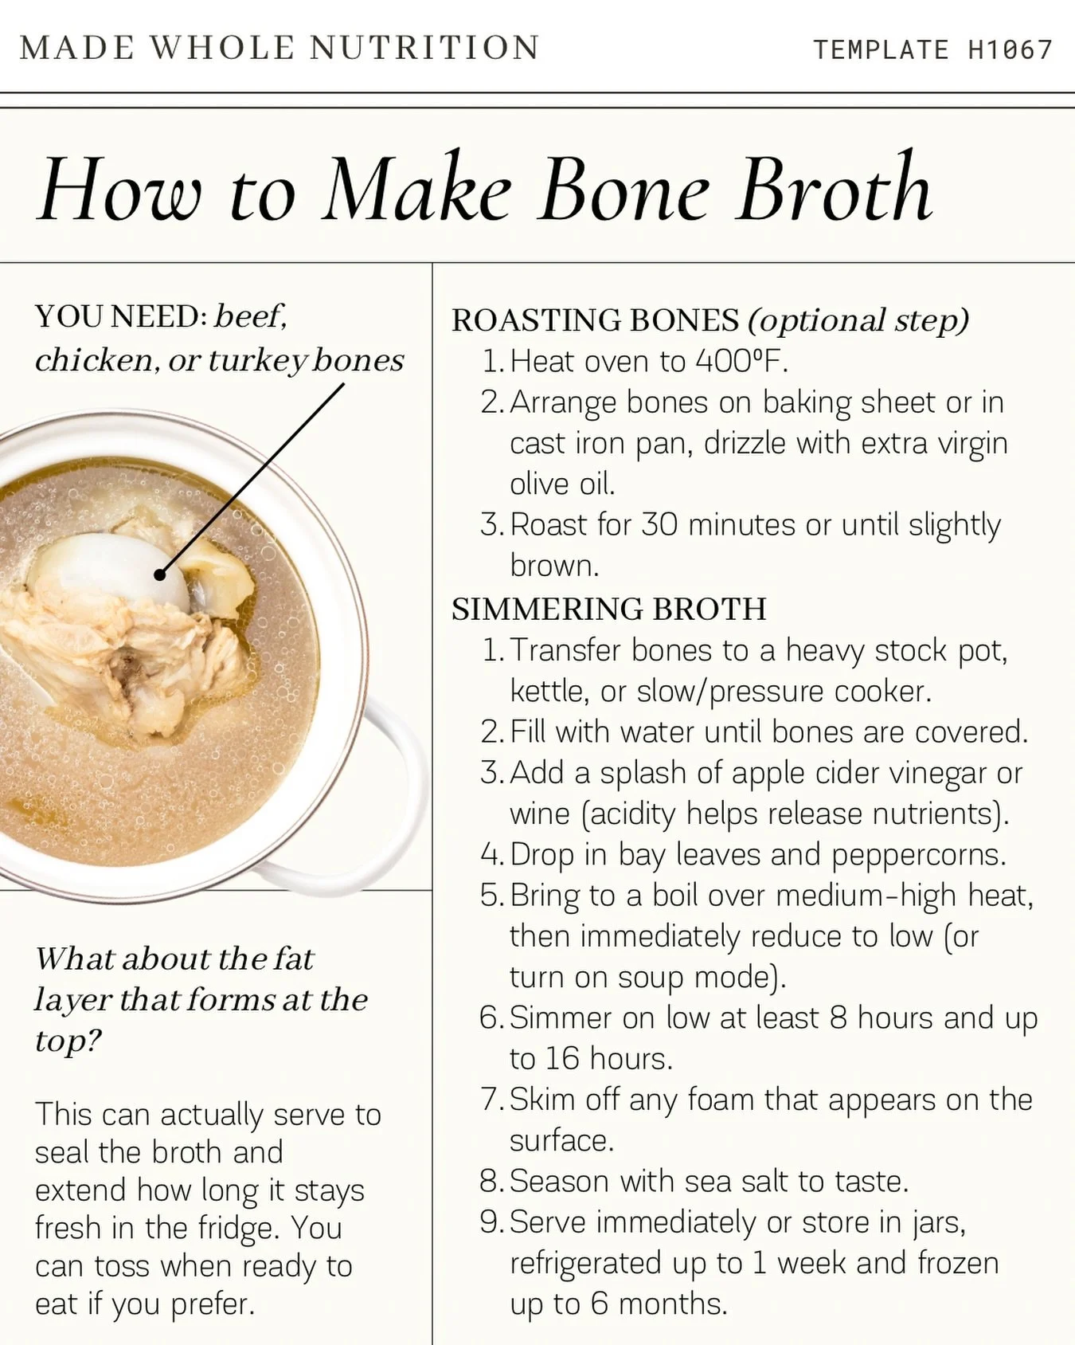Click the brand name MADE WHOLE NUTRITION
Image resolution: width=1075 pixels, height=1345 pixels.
tap(279, 48)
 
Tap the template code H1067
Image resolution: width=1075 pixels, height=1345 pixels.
tap(1010, 50)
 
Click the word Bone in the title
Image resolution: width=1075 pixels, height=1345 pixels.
tap(624, 191)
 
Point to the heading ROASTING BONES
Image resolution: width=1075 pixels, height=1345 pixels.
tap(595, 320)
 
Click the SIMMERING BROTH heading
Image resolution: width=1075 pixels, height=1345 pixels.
tap(608, 610)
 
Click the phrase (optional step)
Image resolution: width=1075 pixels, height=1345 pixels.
tap(858, 320)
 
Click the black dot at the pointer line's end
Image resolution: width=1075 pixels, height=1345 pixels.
tap(160, 574)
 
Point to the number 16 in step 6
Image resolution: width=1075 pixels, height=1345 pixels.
tap(562, 1059)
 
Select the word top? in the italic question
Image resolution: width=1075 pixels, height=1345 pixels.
tap(68, 1041)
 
